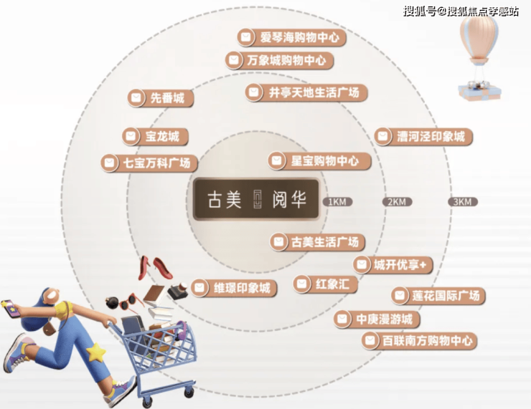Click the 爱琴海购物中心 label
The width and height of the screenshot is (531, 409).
click(x=291, y=37)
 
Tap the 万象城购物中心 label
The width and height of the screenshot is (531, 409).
click(x=279, y=60)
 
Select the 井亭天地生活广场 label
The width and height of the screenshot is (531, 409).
click(x=306, y=92)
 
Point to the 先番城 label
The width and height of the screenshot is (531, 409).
click(x=161, y=98)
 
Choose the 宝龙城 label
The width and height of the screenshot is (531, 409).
click(x=155, y=137)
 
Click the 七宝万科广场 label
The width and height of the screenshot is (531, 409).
click(x=149, y=163)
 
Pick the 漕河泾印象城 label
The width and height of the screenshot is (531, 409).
click(x=423, y=137)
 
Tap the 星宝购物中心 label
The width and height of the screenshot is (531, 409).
click(x=319, y=161)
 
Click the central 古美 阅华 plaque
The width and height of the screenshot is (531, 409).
click(x=256, y=198)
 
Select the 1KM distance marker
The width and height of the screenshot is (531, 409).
click(x=338, y=202)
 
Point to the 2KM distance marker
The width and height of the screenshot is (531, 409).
click(x=397, y=202)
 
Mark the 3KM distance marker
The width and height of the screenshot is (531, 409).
click(x=463, y=202)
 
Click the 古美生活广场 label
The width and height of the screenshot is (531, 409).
click(x=317, y=242)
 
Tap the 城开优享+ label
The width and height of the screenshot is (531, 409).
click(x=393, y=264)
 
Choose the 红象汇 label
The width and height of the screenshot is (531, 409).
click(x=325, y=284)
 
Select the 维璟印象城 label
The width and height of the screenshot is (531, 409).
click(x=234, y=288)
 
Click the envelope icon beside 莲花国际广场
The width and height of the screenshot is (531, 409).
click(x=400, y=296)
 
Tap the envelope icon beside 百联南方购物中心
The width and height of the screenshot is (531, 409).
click(x=370, y=340)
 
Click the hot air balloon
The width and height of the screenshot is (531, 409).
click(x=479, y=57)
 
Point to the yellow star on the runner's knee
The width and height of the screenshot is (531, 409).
click(x=95, y=352)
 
